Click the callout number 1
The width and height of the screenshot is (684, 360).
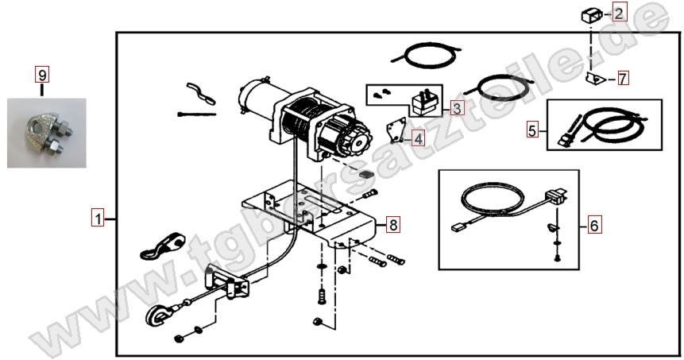(x=99, y=218)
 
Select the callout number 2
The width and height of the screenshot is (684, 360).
(x=619, y=13)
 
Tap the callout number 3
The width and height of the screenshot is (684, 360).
(x=457, y=107)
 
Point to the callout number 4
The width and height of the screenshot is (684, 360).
(x=418, y=139)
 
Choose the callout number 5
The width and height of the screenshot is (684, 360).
(x=532, y=130)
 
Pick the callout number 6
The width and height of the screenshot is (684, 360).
(x=593, y=225)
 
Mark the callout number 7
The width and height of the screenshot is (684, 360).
(x=623, y=79)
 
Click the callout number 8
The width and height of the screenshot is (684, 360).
(x=393, y=225)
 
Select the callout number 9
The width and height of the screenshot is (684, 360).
(x=42, y=75)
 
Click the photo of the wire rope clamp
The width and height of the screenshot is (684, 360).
(x=47, y=133)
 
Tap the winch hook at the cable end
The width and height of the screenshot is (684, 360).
(x=155, y=315)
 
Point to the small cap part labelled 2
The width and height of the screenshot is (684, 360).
(x=592, y=16)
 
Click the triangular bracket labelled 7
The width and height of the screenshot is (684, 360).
(x=594, y=79)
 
